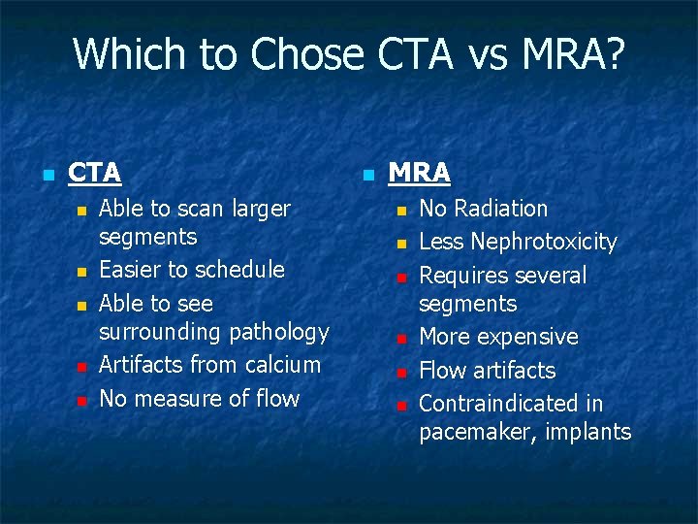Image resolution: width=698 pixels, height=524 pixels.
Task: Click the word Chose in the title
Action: (x=305, y=54)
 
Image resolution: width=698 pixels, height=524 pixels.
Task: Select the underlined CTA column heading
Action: (x=95, y=173)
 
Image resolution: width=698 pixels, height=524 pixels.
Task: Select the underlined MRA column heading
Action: (x=420, y=173)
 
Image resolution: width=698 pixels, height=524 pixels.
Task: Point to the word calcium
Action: (x=281, y=365)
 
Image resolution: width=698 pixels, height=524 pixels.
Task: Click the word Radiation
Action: (x=502, y=209)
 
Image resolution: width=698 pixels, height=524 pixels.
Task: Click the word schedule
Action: (x=240, y=270)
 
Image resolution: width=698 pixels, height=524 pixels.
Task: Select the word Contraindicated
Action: (x=511, y=404)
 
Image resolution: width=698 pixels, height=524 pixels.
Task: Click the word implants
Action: (x=587, y=432)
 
